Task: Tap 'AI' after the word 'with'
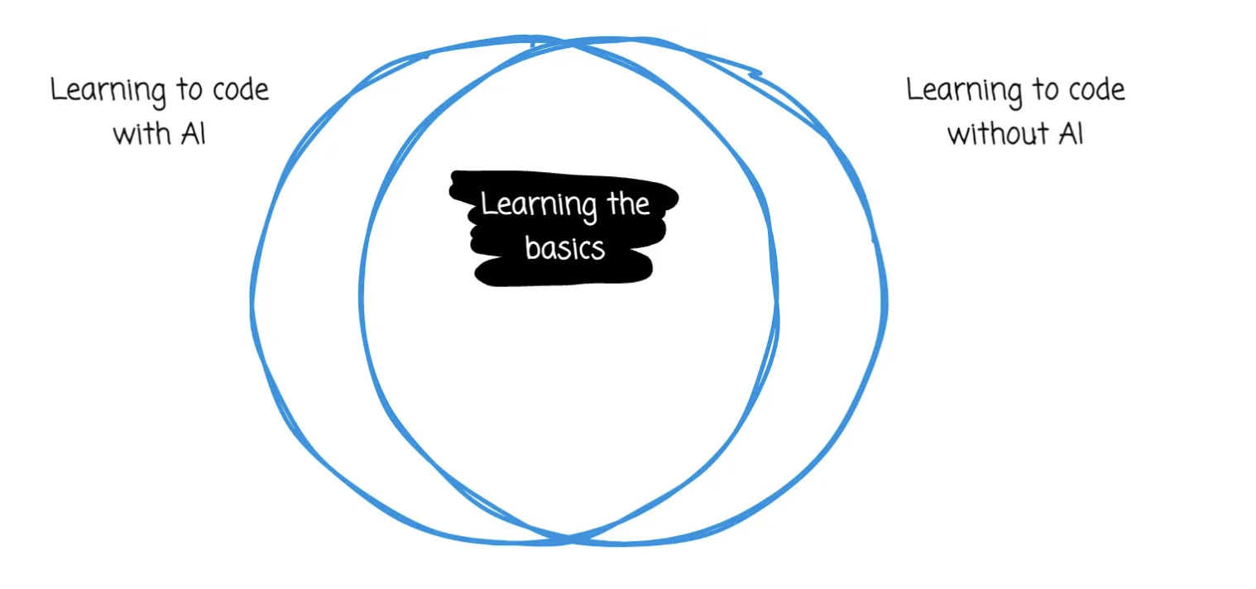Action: (194, 134)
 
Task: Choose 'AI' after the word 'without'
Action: (1071, 134)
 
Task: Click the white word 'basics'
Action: (565, 247)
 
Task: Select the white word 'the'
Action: (628, 204)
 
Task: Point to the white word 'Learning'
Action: (539, 206)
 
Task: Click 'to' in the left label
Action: (189, 89)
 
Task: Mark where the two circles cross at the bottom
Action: (569, 539)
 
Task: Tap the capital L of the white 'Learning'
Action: (487, 204)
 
